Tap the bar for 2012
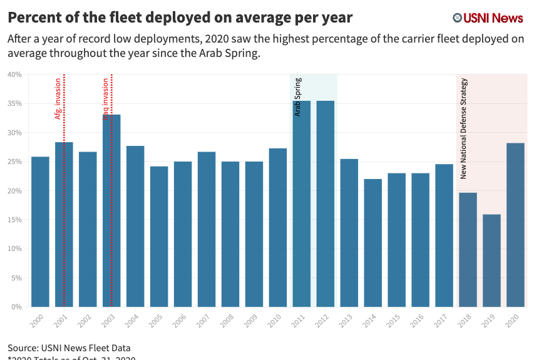point(326,203)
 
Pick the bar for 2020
point(515,225)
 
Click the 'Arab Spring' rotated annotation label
point(298,96)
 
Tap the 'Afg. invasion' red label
point(58,99)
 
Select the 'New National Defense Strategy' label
point(464,128)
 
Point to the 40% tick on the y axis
point(14,75)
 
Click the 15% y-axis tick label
point(14,220)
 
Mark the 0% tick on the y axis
point(16,307)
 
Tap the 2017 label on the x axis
point(442,321)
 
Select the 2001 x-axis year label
point(61,321)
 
